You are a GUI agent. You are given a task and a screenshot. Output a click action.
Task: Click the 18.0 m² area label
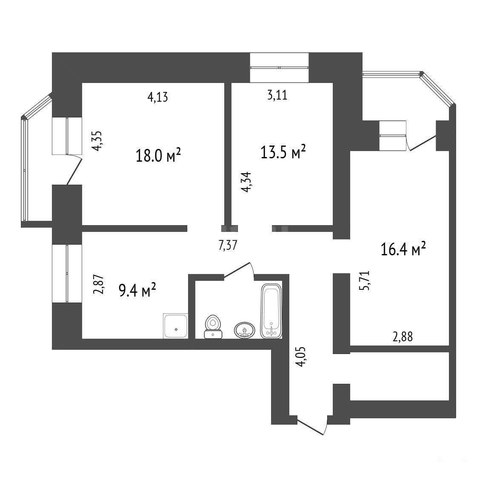click(158, 155)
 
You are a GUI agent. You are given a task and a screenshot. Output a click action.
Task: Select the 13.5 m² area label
click(283, 152)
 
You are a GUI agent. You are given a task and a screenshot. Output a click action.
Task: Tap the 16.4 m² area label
click(403, 249)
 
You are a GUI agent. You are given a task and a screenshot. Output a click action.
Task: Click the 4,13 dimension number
click(157, 97)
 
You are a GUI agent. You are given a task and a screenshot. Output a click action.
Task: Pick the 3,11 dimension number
click(277, 95)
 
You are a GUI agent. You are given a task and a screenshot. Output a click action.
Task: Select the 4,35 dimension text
click(98, 141)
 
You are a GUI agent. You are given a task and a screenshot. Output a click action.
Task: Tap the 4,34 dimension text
click(246, 182)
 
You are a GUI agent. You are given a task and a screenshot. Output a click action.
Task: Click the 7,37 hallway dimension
click(228, 245)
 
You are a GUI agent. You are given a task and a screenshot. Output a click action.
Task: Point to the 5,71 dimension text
click(364, 280)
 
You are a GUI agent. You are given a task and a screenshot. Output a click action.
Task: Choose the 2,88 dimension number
click(403, 337)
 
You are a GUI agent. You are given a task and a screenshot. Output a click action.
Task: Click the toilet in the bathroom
click(213, 327)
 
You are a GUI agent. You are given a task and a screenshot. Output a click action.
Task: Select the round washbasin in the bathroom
click(245, 330)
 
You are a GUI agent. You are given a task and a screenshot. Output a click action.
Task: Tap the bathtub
click(271, 311)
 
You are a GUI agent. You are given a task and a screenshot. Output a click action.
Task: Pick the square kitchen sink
click(176, 326)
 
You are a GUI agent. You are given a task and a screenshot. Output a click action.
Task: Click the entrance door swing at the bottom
click(312, 425)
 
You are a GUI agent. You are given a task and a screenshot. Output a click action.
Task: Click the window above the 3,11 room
click(279, 67)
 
